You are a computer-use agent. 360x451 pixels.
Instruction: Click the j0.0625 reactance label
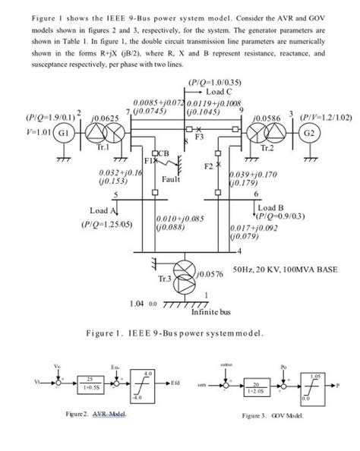(103, 118)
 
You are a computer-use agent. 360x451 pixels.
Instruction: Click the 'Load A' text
(103, 210)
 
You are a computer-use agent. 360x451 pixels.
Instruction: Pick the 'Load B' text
(270, 206)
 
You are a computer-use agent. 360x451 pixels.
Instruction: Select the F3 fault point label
(200, 138)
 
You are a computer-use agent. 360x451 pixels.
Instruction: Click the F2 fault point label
(210, 165)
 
